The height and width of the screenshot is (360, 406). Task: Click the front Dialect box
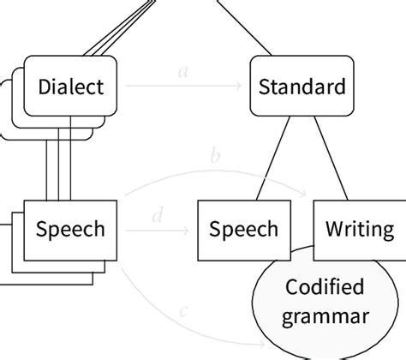click(x=72, y=87)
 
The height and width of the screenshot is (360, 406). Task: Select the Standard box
click(x=302, y=87)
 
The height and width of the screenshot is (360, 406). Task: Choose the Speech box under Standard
click(x=244, y=230)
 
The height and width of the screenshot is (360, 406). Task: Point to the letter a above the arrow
click(x=182, y=72)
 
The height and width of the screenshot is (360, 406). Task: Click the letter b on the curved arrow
click(x=216, y=157)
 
